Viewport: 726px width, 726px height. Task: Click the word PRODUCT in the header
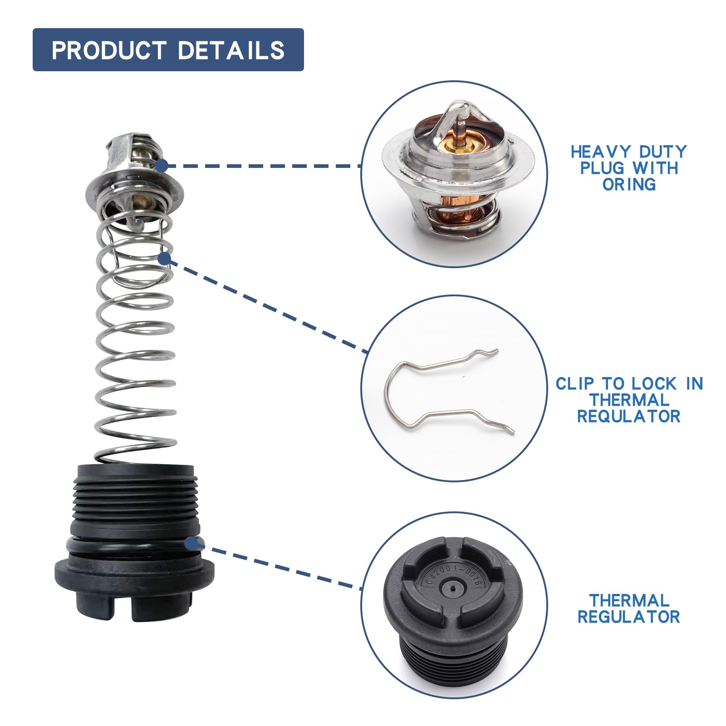pos(108,50)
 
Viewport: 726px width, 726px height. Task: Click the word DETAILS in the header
pos(231,50)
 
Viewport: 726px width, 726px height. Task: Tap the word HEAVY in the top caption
pos(601,152)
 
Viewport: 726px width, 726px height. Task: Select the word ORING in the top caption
pos(629,184)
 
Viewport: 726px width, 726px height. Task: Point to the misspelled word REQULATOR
pos(629,417)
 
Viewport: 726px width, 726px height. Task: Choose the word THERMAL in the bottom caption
pos(629,601)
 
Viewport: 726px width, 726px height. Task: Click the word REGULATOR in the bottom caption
pos(629,617)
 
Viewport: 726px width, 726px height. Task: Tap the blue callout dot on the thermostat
pos(161,166)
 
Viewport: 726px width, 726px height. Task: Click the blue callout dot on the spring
pos(164,259)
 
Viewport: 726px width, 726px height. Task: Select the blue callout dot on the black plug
pos(191,543)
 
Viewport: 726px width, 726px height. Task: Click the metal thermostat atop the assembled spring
pos(134,179)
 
